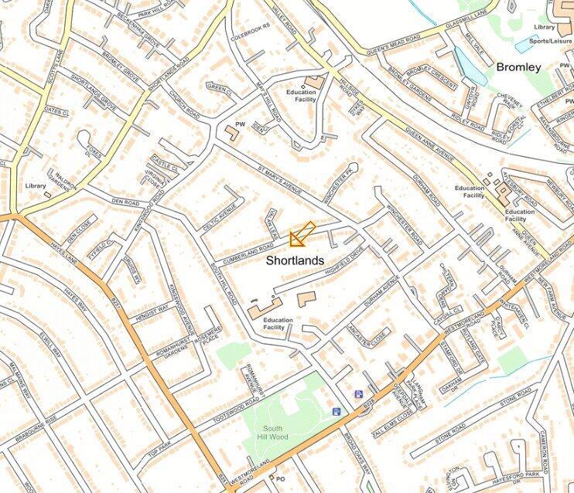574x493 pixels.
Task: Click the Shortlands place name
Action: pos(295,260)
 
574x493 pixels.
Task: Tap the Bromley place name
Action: pos(518,67)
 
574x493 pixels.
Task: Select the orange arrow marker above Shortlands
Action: pos(301,234)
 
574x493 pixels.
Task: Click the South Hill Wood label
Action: pos(272,433)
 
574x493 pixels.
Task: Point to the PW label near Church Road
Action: pos(240,123)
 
